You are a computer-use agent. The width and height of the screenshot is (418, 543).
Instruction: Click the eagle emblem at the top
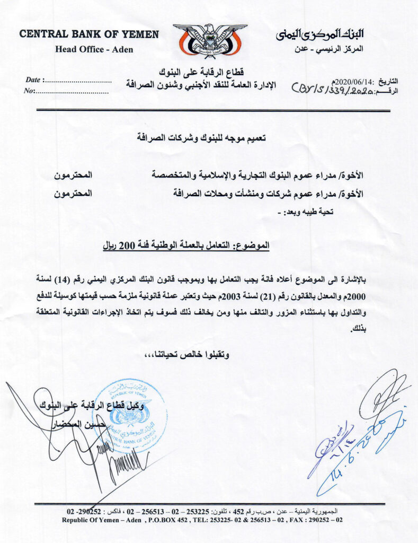(x=210, y=39)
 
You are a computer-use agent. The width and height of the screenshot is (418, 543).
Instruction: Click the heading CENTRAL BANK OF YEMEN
(x=89, y=34)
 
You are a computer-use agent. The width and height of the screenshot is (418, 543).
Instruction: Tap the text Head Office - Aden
(x=94, y=50)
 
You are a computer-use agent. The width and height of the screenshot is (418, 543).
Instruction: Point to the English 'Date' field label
(x=33, y=80)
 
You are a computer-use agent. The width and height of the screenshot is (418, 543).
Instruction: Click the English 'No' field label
(x=29, y=91)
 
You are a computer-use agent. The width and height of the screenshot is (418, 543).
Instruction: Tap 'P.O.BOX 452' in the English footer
(x=161, y=520)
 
